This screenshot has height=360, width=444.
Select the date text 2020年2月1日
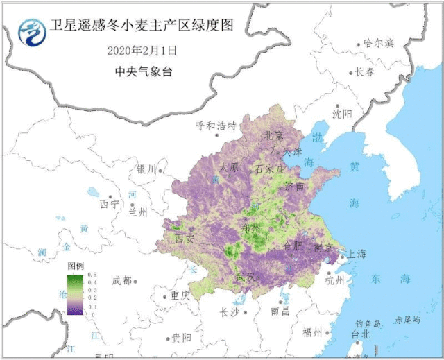click(x=143, y=51)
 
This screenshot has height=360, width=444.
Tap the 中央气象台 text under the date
click(x=143, y=71)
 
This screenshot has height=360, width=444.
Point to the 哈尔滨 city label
click(x=379, y=44)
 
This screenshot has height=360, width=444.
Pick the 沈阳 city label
click(x=342, y=113)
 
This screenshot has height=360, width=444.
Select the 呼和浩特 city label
click(x=216, y=126)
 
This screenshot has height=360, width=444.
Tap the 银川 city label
click(x=146, y=169)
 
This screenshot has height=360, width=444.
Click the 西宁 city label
click(x=110, y=204)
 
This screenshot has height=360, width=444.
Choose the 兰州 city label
click(x=138, y=212)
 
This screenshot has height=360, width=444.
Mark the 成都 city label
click(x=121, y=280)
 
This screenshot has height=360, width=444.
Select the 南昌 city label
click(x=280, y=311)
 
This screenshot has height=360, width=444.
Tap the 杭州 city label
click(x=334, y=280)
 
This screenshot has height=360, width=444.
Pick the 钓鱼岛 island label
click(x=368, y=324)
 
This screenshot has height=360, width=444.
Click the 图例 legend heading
click(x=76, y=266)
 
